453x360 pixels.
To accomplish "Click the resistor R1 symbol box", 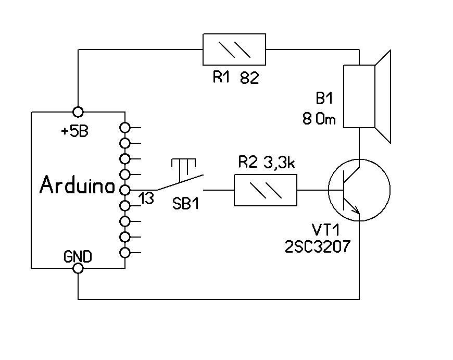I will click(x=234, y=49).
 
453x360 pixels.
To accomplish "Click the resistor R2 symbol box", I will click(x=266, y=190).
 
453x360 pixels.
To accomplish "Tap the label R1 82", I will click(x=235, y=79).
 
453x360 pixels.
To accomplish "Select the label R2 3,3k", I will click(x=267, y=164).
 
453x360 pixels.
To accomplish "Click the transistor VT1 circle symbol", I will click(x=359, y=190).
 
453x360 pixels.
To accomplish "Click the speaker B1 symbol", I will click(x=367, y=96).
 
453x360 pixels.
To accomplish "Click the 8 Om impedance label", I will click(x=319, y=120).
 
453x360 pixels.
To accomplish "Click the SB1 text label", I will click(x=186, y=204).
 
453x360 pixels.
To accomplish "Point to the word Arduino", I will click(x=78, y=186).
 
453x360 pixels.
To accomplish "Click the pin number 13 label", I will click(x=146, y=198).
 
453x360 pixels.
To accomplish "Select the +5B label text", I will click(x=74, y=131).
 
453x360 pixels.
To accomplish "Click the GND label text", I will click(x=78, y=256).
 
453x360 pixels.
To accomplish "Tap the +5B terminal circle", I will click(x=78, y=111).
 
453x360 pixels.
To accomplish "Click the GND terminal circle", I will click(x=78, y=268).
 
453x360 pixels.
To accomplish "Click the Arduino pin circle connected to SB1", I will click(x=124, y=189).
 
